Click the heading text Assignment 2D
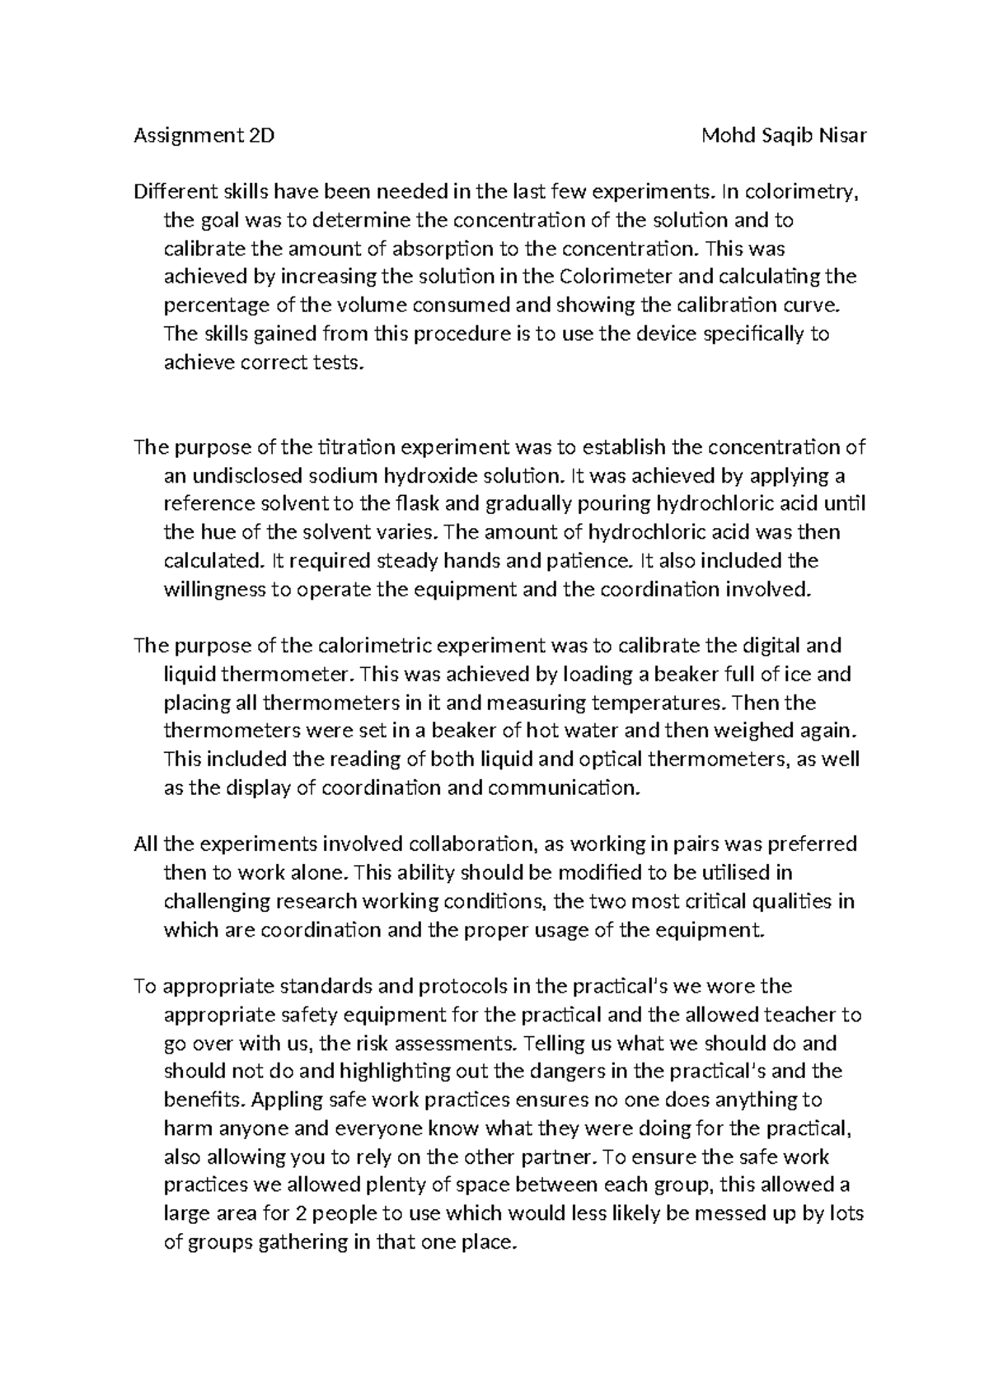(x=204, y=136)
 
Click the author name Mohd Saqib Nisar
(x=783, y=136)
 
